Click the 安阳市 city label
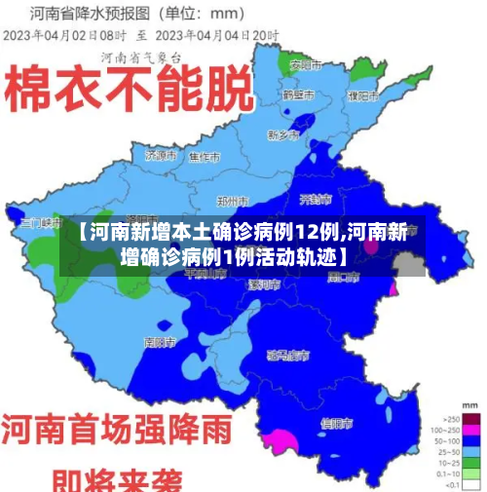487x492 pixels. tap(305, 65)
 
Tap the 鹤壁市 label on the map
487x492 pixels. tap(297, 95)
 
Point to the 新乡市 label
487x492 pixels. tap(282, 134)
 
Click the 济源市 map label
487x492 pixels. tap(159, 155)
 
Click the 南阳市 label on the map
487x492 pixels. tap(159, 343)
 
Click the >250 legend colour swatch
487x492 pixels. tap(469, 416)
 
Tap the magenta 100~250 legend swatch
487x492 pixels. tap(469, 428)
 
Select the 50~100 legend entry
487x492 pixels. tap(469, 439)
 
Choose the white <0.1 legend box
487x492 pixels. tap(469, 484)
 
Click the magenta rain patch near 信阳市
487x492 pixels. tap(280, 440)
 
